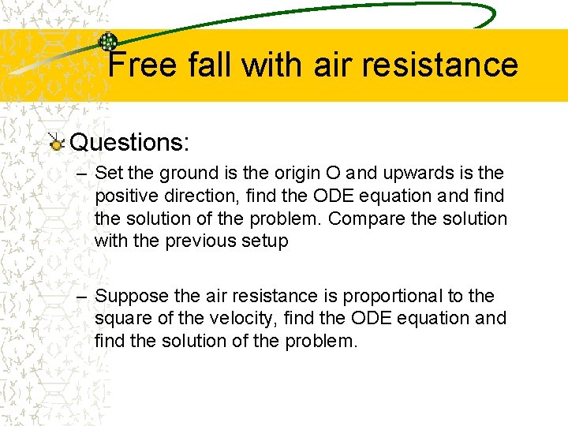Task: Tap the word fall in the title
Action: point(211,65)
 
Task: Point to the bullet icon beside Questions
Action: point(56,143)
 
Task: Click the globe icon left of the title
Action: point(107,42)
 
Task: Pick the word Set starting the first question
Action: point(107,173)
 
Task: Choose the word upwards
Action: point(410,173)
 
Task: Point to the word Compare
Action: point(359,219)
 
